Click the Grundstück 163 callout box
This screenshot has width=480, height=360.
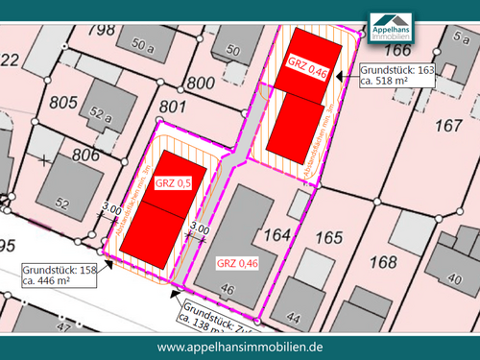(397, 76)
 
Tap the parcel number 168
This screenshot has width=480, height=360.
(382, 261)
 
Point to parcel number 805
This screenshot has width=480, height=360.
(62, 102)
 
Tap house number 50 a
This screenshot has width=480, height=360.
(143, 45)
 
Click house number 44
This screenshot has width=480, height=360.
(293, 318)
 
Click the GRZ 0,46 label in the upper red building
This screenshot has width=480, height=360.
(308, 63)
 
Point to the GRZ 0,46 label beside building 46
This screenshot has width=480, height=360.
(237, 262)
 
